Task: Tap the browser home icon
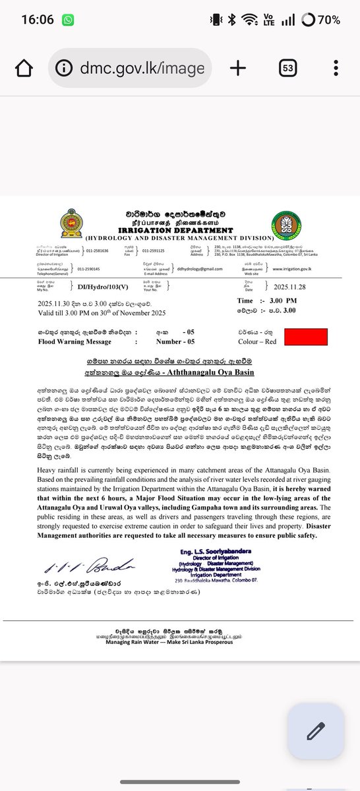click(24, 68)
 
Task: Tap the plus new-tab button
click(237, 68)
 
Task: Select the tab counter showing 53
click(287, 68)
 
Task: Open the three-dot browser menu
click(336, 68)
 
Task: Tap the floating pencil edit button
click(315, 732)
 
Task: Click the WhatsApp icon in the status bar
click(68, 20)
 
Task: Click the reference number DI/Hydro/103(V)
click(100, 285)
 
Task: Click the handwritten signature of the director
click(90, 566)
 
